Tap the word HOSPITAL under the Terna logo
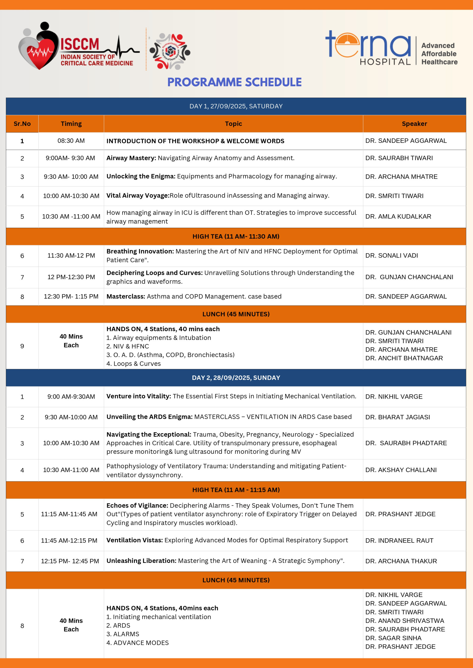click(385, 62)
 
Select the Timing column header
click(71, 124)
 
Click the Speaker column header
click(414, 124)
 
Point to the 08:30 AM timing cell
click(71, 141)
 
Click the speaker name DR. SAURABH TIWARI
click(399, 158)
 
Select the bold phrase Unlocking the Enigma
click(141, 176)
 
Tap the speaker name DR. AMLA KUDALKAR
click(398, 217)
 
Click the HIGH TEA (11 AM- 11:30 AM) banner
click(236, 236)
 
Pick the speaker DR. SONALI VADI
click(391, 255)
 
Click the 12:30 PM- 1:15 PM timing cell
click(71, 297)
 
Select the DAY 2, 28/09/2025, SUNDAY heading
click(236, 378)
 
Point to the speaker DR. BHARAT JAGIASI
click(397, 417)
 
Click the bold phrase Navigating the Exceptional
click(148, 434)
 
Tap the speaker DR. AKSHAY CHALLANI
click(401, 470)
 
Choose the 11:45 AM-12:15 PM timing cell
click(69, 541)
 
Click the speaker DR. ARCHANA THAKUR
click(401, 561)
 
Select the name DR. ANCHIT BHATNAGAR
click(404, 358)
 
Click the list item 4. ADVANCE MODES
click(138, 643)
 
